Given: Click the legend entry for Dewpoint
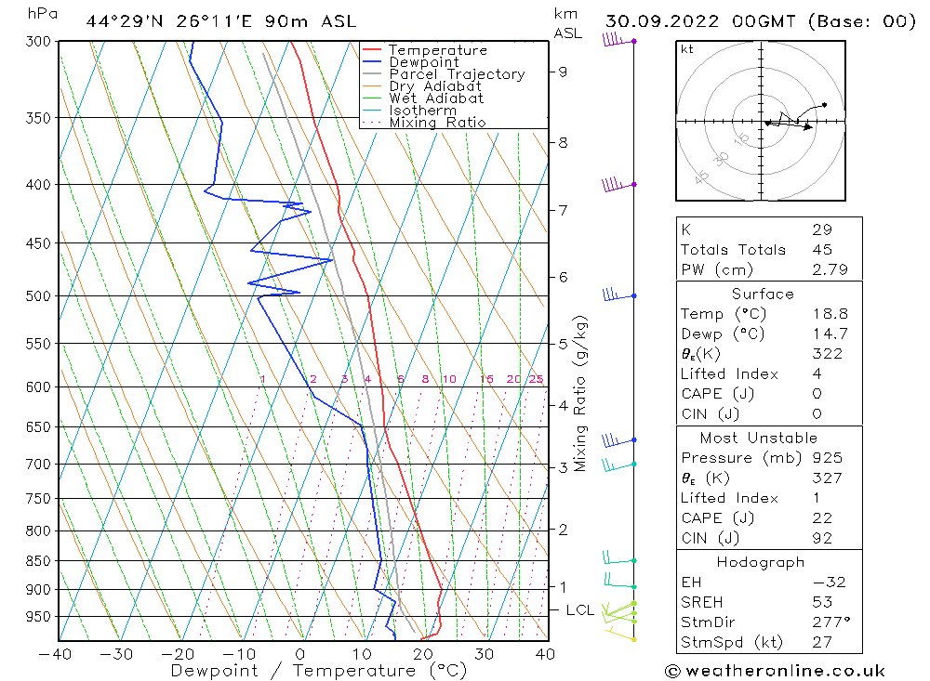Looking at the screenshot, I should (423, 62).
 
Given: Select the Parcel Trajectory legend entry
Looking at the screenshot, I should (457, 74).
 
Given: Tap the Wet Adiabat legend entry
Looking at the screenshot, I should (435, 98).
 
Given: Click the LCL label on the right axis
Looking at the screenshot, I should (580, 610).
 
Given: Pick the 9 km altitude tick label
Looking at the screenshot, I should (563, 72).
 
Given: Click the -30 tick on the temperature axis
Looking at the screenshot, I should (117, 654).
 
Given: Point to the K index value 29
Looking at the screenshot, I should (821, 229).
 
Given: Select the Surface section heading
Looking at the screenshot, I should (763, 295).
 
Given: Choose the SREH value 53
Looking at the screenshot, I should (821, 602).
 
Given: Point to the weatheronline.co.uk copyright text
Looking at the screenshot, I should (775, 671).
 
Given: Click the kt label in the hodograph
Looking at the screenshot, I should (687, 49).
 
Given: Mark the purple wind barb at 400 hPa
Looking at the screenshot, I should (618, 185).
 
